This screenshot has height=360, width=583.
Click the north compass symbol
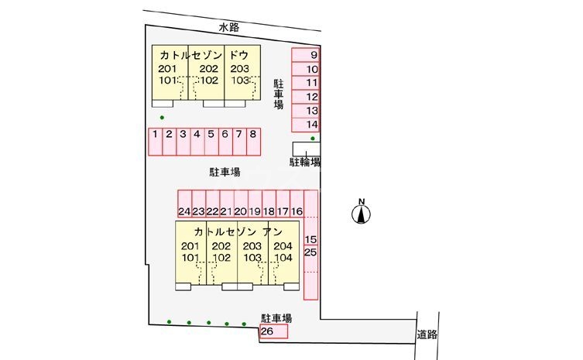361,213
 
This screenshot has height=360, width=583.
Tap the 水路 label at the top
228,27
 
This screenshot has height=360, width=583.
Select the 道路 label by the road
427,335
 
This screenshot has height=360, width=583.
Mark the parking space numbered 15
311,239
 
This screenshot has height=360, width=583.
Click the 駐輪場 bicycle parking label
306,162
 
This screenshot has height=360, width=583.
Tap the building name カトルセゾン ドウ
204,56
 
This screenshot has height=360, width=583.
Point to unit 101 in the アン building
190,258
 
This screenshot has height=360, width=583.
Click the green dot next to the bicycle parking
312,139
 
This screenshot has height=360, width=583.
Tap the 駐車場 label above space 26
276,318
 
